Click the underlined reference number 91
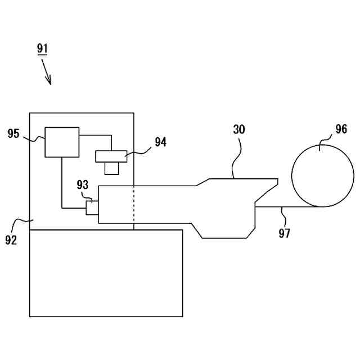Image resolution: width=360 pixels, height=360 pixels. click(43, 48)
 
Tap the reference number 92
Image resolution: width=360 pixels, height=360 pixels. click(11, 240)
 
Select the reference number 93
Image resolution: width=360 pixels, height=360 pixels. click(83, 185)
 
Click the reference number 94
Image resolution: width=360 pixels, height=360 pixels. click(160, 142)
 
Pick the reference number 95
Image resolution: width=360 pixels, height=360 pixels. click(13, 133)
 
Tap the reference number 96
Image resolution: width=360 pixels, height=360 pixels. click(341, 129)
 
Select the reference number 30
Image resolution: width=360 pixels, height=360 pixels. click(240, 129)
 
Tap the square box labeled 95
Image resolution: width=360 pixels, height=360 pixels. click(62, 142)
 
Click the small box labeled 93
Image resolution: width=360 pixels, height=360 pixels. click(92, 208)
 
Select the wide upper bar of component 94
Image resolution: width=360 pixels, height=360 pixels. click(112, 156)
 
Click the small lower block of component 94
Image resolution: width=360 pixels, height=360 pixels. click(112, 168)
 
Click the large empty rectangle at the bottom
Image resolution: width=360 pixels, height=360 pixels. click(106, 273)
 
